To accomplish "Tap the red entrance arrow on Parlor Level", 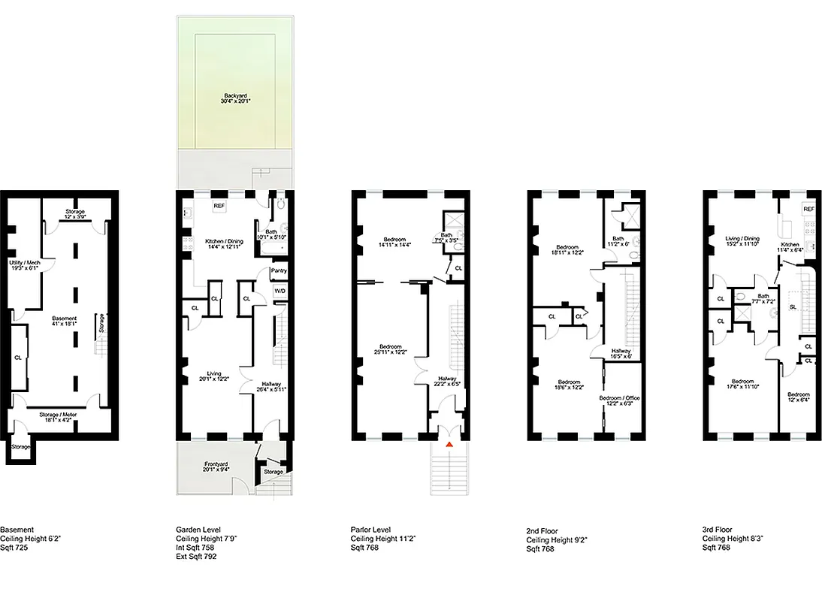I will click(x=449, y=445).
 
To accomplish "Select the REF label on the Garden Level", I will click(x=219, y=205).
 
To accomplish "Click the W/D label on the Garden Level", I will click(x=280, y=290).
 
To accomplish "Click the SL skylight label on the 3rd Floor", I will click(x=792, y=307).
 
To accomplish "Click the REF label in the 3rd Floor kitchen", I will click(x=808, y=209).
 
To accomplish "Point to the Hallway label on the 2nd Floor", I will click(x=621, y=352).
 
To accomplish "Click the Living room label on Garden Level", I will click(x=215, y=374).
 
